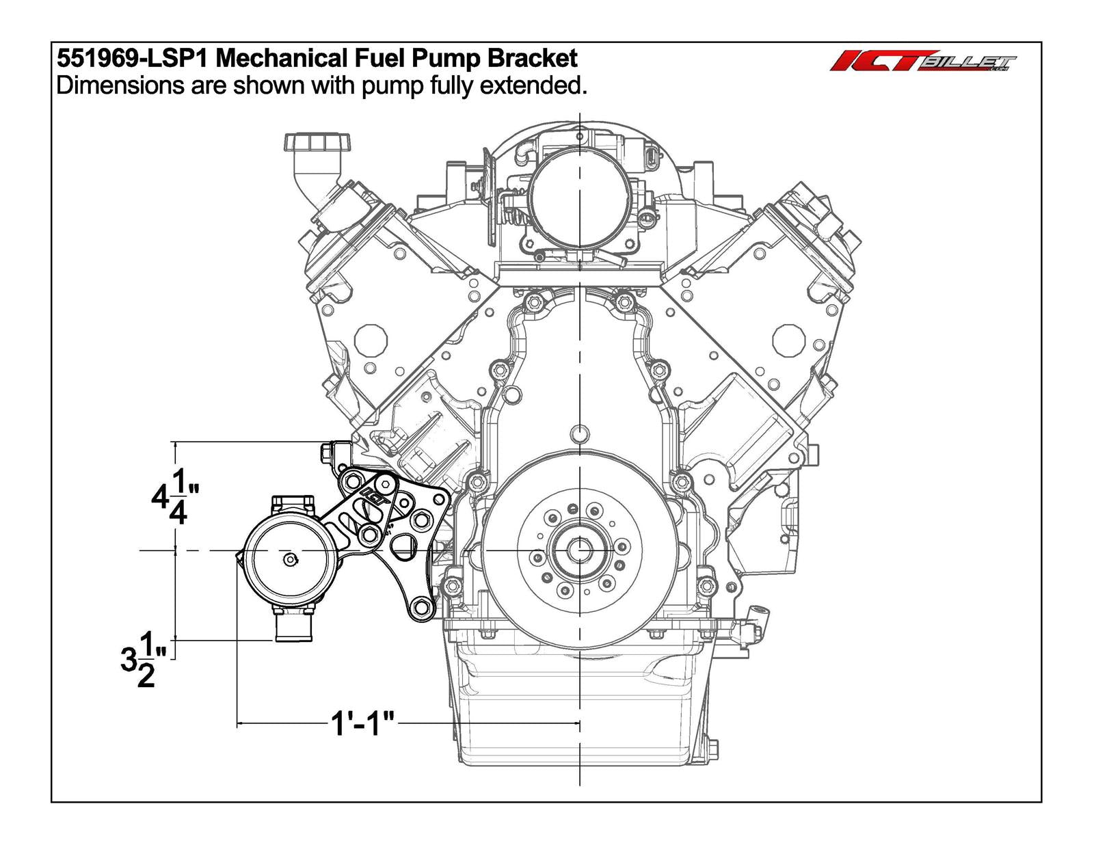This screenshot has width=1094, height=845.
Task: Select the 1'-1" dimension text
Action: coord(363,723)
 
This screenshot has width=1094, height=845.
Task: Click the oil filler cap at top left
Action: coord(318,143)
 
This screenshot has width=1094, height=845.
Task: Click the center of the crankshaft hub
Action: coord(580,549)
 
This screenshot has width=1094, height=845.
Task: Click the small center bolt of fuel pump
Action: coord(290,559)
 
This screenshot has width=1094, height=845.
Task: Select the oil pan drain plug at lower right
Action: coord(711,749)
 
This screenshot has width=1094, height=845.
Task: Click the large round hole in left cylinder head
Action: coord(371,339)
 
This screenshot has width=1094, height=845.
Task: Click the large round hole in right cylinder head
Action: coord(789,339)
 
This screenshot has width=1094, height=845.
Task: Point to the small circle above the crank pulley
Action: coord(580,433)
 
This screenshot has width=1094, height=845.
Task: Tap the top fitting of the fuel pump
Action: coord(293,505)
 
